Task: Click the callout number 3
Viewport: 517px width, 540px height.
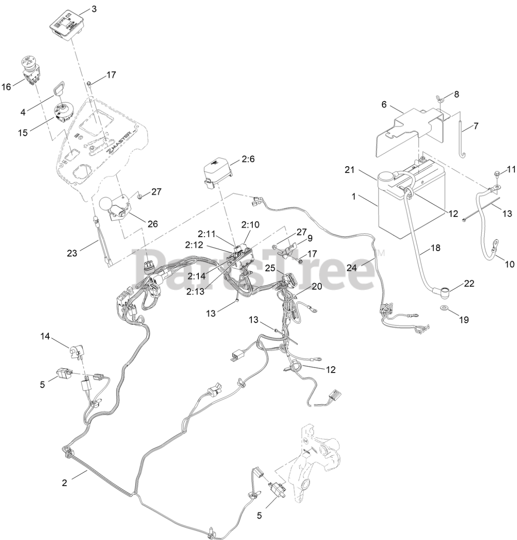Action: tap(94, 8)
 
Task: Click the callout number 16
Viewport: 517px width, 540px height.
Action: tap(6, 87)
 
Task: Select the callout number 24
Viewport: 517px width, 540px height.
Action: tap(352, 267)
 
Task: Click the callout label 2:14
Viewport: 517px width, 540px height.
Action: tap(196, 276)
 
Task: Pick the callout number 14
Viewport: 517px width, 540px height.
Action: tap(45, 336)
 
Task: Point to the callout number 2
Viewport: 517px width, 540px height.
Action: tap(64, 483)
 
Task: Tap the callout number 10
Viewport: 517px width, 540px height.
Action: tap(509, 264)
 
